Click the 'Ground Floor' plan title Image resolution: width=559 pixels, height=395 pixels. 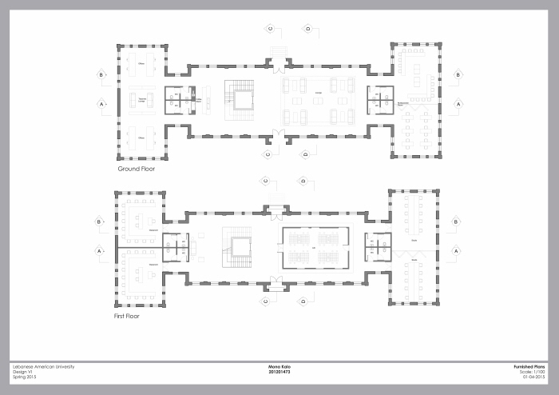(x=136, y=170)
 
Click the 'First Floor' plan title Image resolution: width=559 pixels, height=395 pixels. (x=130, y=317)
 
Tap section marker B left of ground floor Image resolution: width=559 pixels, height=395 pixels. (x=101, y=75)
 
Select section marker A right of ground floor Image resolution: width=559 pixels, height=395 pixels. (x=458, y=104)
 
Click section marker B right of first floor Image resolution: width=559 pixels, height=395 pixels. (x=455, y=221)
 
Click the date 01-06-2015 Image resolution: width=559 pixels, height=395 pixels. (x=533, y=377)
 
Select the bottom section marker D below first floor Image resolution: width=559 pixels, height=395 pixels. (x=305, y=301)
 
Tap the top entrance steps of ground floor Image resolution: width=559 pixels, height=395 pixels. (x=277, y=54)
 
